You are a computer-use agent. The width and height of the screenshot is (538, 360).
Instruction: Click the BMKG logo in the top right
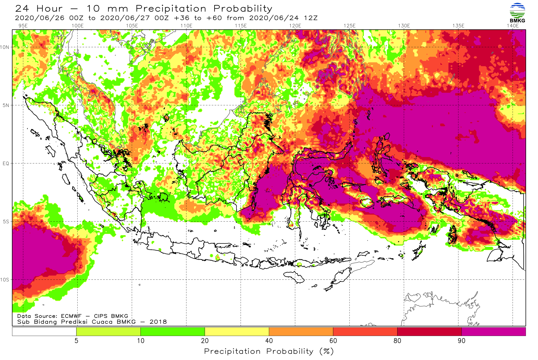tap(517, 13)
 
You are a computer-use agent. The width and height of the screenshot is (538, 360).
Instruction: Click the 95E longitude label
tap(23, 26)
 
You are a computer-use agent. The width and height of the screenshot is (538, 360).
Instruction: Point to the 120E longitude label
tap(295, 26)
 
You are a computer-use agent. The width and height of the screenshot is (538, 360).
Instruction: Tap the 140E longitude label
tap(512, 26)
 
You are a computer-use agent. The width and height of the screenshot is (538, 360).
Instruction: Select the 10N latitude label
tap(5, 47)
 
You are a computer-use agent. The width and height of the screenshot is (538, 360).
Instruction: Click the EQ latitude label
tap(6, 163)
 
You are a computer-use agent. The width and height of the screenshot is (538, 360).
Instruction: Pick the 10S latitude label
tap(5, 280)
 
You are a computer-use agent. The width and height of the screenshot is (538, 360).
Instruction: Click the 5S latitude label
tap(6, 222)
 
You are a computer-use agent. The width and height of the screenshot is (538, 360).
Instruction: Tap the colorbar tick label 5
tap(77, 341)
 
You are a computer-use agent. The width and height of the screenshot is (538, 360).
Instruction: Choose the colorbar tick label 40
tap(269, 341)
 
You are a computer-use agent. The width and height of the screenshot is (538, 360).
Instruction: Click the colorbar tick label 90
tap(461, 341)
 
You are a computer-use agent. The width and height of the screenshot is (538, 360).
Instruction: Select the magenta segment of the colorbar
tap(494, 331)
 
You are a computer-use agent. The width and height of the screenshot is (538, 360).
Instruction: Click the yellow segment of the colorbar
tap(237, 331)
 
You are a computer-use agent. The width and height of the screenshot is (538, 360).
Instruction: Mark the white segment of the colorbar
tap(44, 331)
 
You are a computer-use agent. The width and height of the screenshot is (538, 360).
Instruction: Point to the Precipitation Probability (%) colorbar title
tap(269, 351)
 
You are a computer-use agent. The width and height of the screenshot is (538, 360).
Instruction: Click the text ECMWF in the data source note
tap(71, 316)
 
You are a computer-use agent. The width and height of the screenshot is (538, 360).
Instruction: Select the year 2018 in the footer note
tap(158, 322)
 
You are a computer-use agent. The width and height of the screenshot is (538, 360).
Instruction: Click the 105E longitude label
tap(132, 26)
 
